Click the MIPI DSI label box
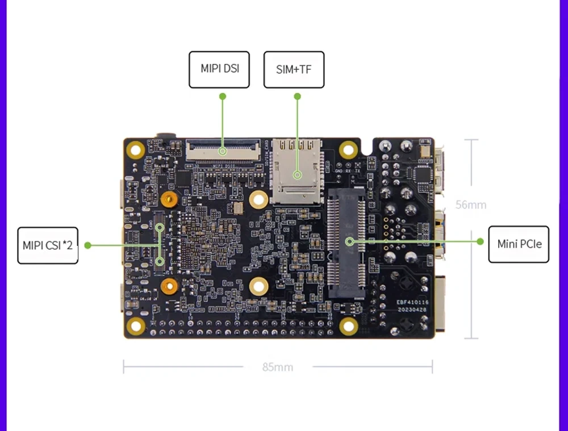coord(219,69)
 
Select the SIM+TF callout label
coord(294,69)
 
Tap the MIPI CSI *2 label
coord(48,245)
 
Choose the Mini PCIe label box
coord(519,244)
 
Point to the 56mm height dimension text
coord(471,205)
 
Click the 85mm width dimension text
coord(278,367)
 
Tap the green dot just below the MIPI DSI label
coord(223,97)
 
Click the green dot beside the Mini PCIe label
coord(480,241)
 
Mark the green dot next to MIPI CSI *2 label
coord(87,245)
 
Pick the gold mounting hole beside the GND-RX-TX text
coord(348,149)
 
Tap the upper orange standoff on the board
coord(168,199)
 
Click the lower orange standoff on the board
coord(168,286)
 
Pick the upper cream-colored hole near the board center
coord(258,199)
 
